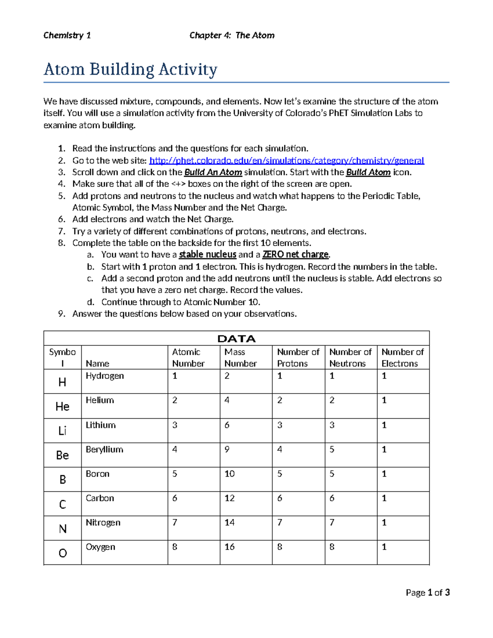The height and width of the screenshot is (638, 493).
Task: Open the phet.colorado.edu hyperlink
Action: pyautogui.click(x=286, y=160)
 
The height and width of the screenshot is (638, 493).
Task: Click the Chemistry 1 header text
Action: pyautogui.click(x=67, y=35)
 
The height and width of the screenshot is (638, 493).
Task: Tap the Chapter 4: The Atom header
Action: pyautogui.click(x=232, y=35)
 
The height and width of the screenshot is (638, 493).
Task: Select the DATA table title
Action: pyautogui.click(x=236, y=339)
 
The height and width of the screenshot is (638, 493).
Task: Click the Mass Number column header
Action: pyautogui.click(x=240, y=357)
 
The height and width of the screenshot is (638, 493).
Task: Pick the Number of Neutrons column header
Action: pyautogui.click(x=350, y=357)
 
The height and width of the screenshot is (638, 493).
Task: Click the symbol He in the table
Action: pyautogui.click(x=62, y=406)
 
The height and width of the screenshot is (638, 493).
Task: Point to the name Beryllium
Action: pyautogui.click(x=104, y=449)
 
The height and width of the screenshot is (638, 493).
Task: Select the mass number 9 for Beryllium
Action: pyautogui.click(x=227, y=449)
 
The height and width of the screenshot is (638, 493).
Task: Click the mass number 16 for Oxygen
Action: pyautogui.click(x=229, y=547)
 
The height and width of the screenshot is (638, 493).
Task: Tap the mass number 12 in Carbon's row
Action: pyautogui.click(x=229, y=498)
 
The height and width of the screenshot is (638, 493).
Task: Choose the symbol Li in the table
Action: pyautogui.click(x=62, y=431)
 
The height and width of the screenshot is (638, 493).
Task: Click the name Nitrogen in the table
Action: pyautogui.click(x=103, y=523)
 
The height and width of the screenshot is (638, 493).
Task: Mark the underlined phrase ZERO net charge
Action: pyautogui.click(x=295, y=254)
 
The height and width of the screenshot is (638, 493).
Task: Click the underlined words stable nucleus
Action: pyautogui.click(x=207, y=254)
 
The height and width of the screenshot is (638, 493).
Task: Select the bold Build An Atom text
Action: pyautogui.click(x=213, y=172)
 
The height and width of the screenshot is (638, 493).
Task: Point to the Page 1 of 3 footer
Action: pyautogui.click(x=427, y=592)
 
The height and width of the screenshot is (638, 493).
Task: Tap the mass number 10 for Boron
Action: pyautogui.click(x=229, y=474)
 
